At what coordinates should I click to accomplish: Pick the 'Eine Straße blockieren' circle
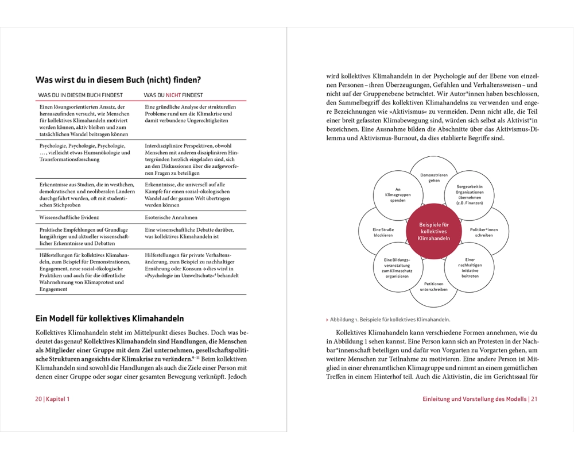(x=383, y=232)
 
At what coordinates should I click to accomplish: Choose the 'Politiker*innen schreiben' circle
(x=484, y=232)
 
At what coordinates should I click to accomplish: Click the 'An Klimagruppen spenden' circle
(x=398, y=195)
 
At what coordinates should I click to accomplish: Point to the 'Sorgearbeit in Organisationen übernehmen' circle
(x=470, y=195)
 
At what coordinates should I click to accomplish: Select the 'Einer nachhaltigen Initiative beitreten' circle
(x=470, y=267)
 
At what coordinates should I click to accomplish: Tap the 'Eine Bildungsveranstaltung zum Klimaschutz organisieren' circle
(x=398, y=267)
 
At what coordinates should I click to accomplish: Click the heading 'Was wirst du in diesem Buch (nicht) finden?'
(x=118, y=79)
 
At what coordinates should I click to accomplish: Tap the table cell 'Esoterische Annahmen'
(x=171, y=218)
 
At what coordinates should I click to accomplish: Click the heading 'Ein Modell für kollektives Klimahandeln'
(x=110, y=317)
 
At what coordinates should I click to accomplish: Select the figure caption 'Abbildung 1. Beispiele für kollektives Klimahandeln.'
(x=390, y=319)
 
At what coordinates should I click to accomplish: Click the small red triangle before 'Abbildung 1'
(x=327, y=319)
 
